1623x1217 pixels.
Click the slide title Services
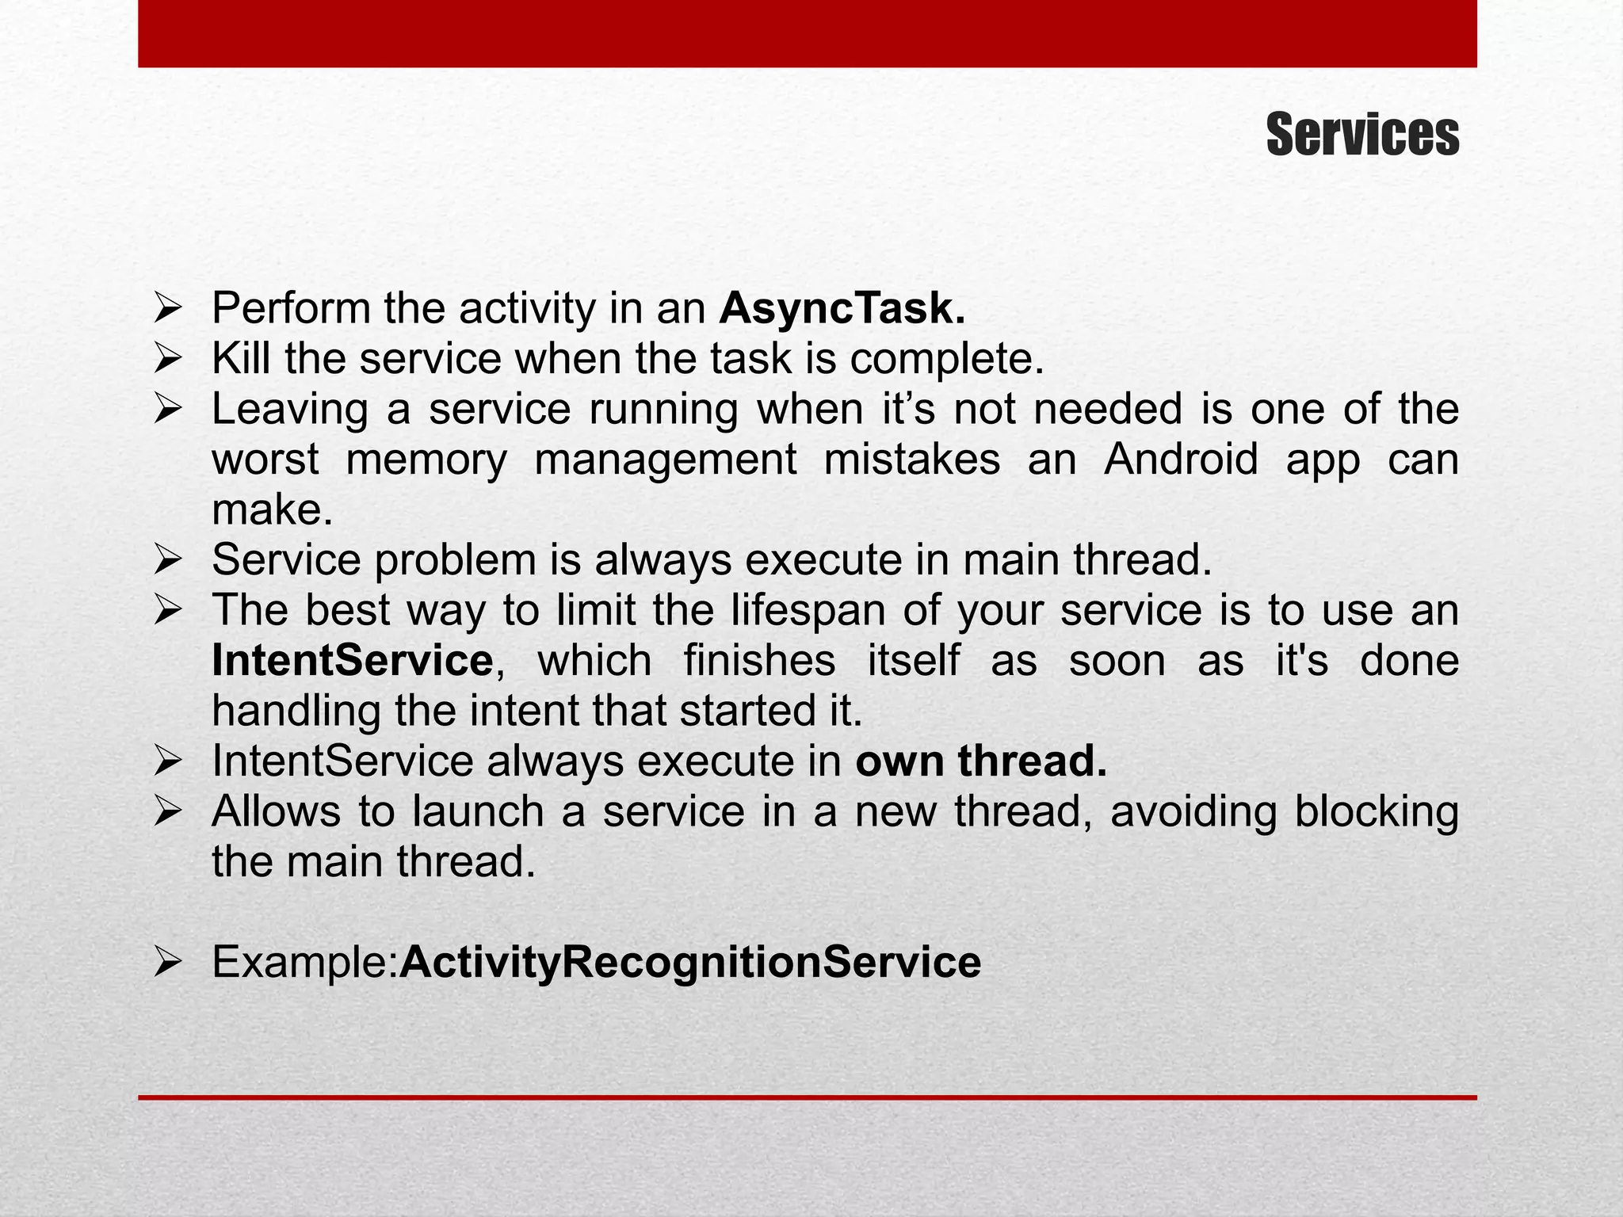coord(1361,135)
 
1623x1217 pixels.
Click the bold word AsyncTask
coord(842,308)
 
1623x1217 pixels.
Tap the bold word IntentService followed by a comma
coord(353,661)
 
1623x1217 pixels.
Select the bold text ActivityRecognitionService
coord(690,962)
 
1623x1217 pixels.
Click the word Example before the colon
coord(301,962)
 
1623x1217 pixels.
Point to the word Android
coord(1181,460)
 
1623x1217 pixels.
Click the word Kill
coord(241,359)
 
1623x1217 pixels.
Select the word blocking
coord(1376,812)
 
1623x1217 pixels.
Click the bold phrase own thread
coord(981,761)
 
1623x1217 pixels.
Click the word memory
coord(426,460)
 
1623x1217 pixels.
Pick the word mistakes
coord(911,460)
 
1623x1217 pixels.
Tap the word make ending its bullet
coord(268,510)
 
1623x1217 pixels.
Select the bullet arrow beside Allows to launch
coord(169,813)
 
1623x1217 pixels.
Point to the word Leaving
coord(289,410)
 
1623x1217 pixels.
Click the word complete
coord(947,359)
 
